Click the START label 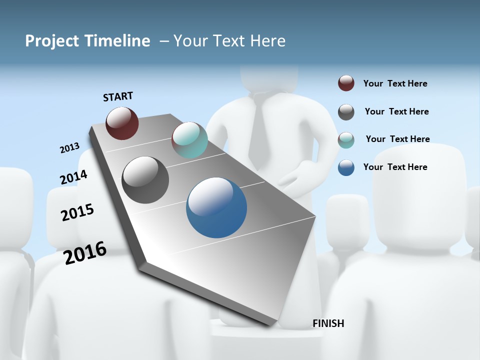tap(118, 96)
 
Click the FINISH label tap(328, 323)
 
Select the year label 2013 tap(70, 148)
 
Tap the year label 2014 tap(73, 177)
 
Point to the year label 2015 tap(77, 212)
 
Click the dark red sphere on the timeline tap(122, 123)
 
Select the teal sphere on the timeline tap(189, 140)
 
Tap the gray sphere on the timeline tap(145, 180)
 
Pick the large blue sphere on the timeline tap(216, 207)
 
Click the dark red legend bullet tap(346, 83)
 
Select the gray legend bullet tap(346, 112)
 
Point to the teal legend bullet tap(346, 140)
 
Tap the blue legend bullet tap(346, 167)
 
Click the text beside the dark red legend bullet tap(395, 84)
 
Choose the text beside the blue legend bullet tap(395, 167)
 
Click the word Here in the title tap(268, 41)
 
